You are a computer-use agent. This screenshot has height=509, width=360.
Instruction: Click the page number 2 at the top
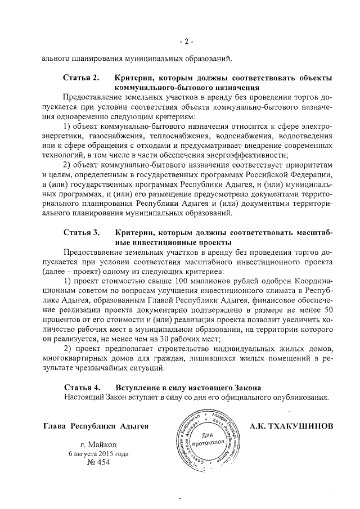[179, 41]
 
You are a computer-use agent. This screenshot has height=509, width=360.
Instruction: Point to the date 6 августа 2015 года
[98, 453]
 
